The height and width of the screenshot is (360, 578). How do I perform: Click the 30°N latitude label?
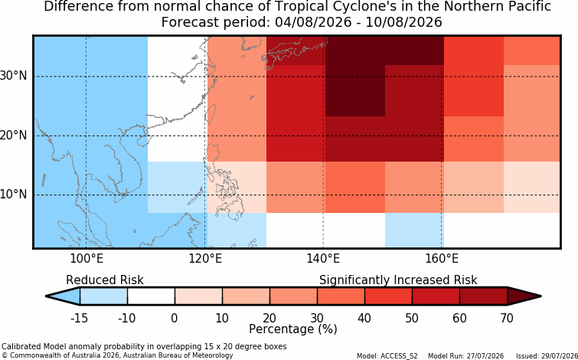(14, 76)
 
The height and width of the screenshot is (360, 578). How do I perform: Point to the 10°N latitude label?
(14, 194)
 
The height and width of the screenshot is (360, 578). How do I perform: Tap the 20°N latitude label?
(14, 135)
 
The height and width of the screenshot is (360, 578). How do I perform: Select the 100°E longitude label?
(87, 259)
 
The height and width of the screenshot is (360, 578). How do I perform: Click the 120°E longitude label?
(205, 259)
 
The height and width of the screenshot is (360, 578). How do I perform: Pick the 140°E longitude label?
(323, 259)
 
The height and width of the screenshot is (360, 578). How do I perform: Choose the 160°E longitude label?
(442, 259)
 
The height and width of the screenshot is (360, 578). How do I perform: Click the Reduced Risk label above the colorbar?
(105, 280)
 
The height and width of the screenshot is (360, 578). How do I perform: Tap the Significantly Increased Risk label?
(398, 280)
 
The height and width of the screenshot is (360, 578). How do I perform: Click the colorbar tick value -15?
(79, 318)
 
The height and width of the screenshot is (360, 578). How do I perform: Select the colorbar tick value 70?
(508, 318)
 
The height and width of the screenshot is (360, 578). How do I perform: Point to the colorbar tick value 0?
(175, 318)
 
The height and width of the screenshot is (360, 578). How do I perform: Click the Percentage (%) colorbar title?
(293, 329)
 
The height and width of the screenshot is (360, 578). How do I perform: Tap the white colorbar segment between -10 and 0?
(151, 296)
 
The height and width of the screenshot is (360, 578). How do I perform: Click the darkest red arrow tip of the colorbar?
(524, 296)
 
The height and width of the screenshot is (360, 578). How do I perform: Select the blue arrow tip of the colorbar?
(63, 296)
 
